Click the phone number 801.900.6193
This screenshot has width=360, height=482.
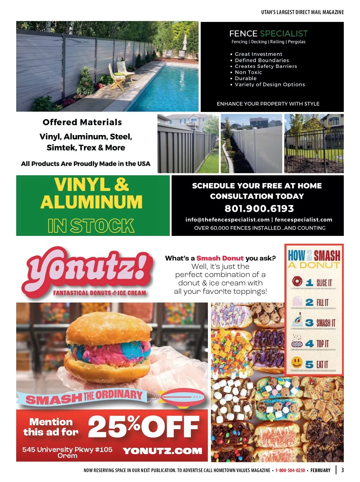(x=259, y=208)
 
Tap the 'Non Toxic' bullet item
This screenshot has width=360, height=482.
(x=248, y=72)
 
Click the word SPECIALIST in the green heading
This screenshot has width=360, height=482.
(x=284, y=34)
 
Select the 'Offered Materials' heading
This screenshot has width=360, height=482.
(x=82, y=122)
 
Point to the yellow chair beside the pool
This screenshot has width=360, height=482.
(x=121, y=74)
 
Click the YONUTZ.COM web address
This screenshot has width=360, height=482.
(x=162, y=451)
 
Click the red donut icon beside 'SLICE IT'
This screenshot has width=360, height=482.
(x=297, y=281)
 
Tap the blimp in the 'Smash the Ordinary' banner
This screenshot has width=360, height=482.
(x=182, y=398)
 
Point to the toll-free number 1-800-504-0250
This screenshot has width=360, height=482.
(x=290, y=470)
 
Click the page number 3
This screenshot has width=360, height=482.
(x=343, y=470)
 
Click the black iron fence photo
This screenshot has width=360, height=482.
(x=314, y=143)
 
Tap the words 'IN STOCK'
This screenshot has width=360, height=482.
(x=91, y=226)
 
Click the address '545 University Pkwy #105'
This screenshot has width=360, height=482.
(x=67, y=449)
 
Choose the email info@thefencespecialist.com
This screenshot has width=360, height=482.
(x=227, y=220)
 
